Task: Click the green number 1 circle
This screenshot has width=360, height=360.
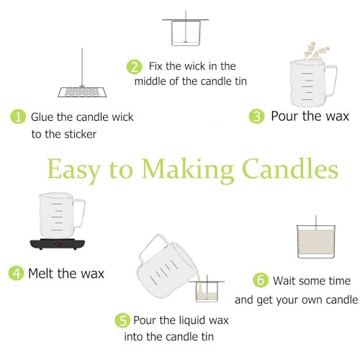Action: point(18,117)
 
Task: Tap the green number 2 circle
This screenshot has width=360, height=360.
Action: point(135,66)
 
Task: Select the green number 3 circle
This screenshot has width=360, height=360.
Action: point(256,117)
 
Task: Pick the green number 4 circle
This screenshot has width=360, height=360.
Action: point(16,273)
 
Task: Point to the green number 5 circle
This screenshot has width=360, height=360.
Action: point(122,320)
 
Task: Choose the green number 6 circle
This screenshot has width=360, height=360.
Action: point(261,280)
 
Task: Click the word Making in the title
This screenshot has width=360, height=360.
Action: point(187,170)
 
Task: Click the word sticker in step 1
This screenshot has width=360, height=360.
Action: point(81,134)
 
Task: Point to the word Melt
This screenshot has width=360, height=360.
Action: point(41,273)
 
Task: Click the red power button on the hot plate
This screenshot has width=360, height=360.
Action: point(58,244)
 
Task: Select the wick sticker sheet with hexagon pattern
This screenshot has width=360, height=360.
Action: point(82,92)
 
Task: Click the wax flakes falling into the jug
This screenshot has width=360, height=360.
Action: point(315,50)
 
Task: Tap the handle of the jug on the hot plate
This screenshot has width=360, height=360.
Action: point(79,213)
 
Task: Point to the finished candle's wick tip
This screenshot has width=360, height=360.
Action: point(316,216)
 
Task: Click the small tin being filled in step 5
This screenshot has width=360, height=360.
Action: point(207,291)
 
